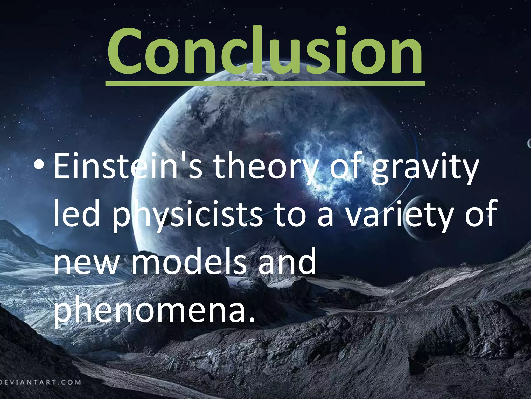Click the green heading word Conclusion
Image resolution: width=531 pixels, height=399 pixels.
265,51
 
